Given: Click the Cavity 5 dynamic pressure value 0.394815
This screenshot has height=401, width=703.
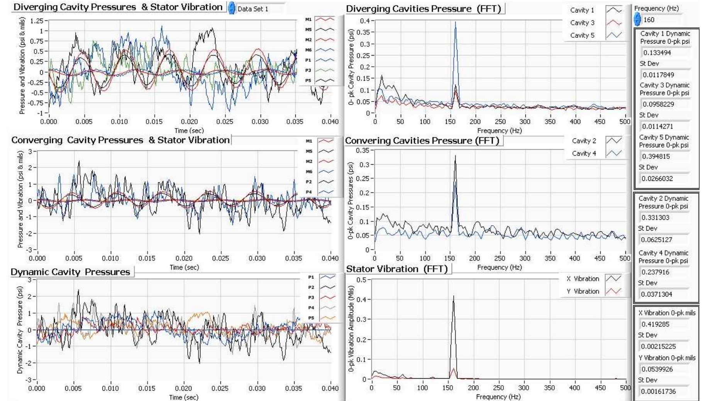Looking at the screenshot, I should coord(656,156).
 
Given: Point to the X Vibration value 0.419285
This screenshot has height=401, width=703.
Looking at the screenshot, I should coord(656,324).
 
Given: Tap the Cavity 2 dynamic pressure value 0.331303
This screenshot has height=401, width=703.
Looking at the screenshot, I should coord(656,217).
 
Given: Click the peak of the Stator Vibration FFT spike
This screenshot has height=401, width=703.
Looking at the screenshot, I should coord(453,296).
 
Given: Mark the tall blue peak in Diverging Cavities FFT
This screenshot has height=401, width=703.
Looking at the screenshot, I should coord(455,22).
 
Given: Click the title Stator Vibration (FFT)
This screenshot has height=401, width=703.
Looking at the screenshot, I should coord(396,269).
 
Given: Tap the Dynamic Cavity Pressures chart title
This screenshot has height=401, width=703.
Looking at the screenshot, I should coord(70,272).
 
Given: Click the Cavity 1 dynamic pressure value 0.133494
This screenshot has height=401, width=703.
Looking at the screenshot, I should coord(657,52).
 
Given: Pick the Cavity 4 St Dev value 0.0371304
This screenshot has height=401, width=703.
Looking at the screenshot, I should coord(657,294).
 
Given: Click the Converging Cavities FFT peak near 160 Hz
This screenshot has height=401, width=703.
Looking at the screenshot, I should coord(456,156).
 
